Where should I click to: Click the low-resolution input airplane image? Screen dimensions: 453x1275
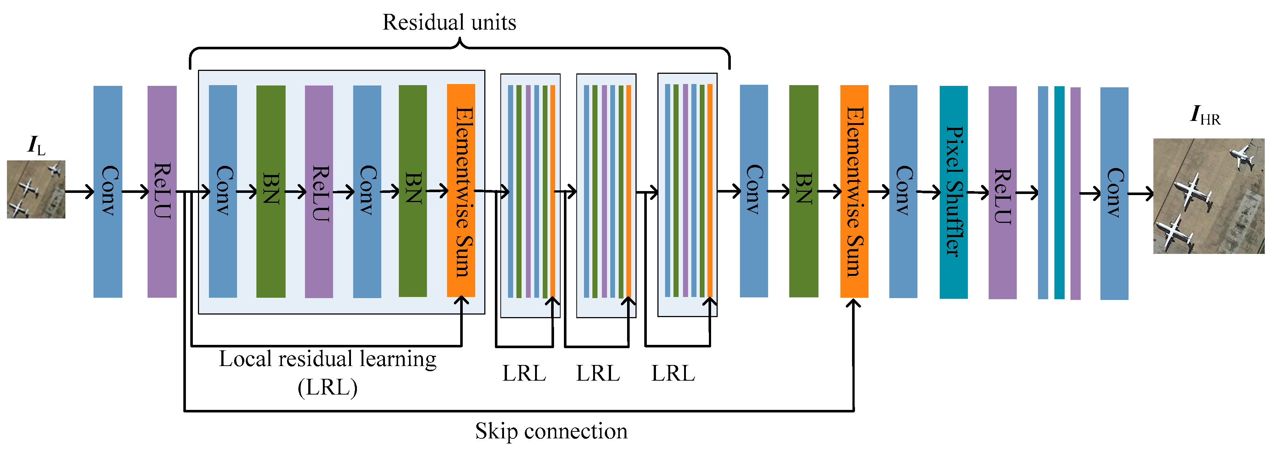(x=36, y=189)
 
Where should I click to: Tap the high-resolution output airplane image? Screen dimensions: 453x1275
(x=1208, y=196)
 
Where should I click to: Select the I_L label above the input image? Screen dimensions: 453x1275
(x=36, y=145)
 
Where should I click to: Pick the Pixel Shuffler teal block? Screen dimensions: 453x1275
(x=953, y=192)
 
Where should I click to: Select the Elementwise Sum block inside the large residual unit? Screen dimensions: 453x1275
(x=461, y=191)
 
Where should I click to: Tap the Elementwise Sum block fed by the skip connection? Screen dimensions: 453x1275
(x=854, y=191)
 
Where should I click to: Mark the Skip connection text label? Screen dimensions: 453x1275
(x=551, y=431)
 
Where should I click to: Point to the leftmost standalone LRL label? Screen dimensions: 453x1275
(x=524, y=373)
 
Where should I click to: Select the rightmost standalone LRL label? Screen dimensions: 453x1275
(x=673, y=373)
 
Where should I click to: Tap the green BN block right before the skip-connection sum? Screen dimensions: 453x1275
(x=803, y=191)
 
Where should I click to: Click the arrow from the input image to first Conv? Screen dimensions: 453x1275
(x=79, y=191)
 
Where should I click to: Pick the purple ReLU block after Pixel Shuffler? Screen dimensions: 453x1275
(x=1002, y=193)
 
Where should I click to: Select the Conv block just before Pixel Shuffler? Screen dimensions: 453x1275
(x=903, y=191)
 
